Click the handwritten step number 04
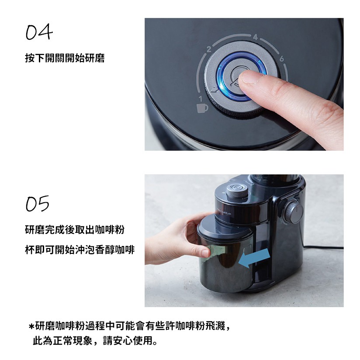(x=39, y=32)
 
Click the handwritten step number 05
(x=38, y=204)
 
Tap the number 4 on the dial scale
(x=256, y=37)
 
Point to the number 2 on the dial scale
(x=208, y=49)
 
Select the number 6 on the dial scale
(x=281, y=59)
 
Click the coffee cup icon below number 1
(x=202, y=108)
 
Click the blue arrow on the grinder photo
(x=254, y=258)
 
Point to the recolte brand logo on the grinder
(x=224, y=212)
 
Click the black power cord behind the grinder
(x=324, y=247)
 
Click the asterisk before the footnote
(x=32, y=326)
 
